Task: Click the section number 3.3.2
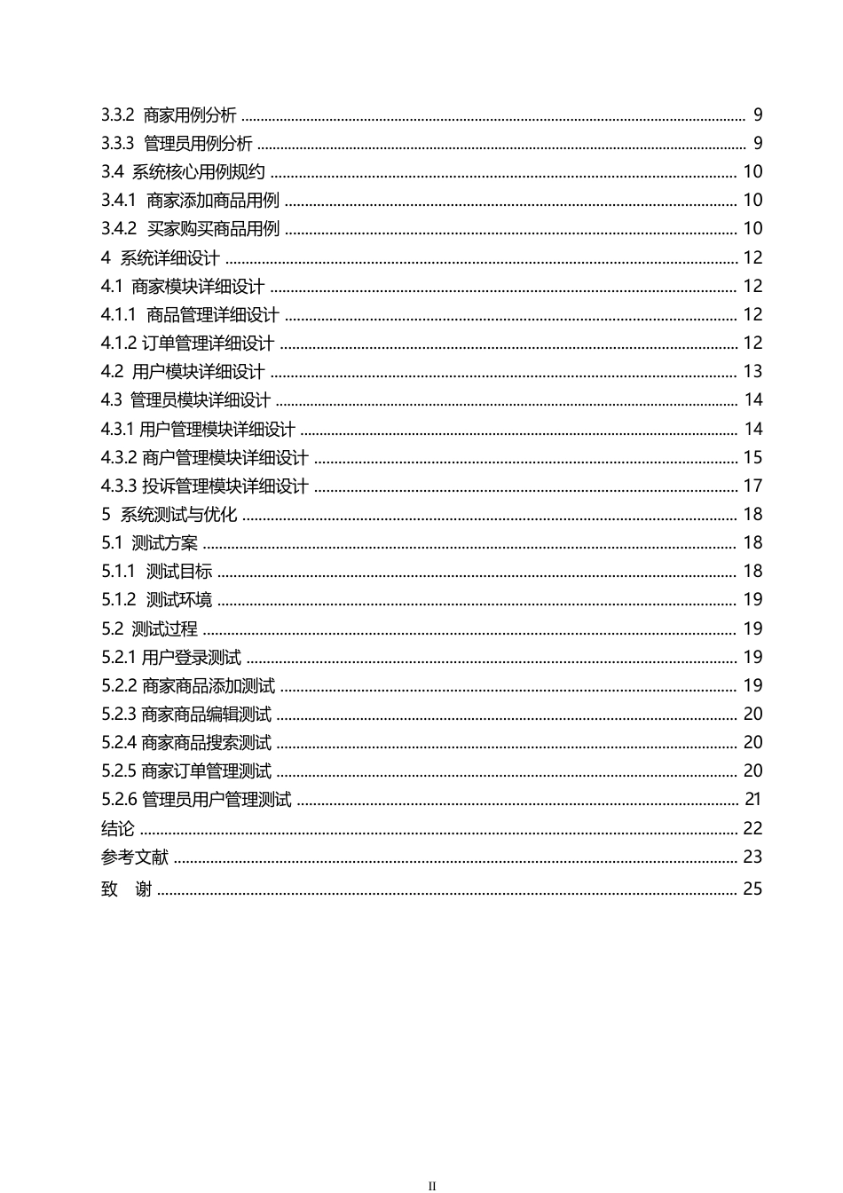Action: (x=117, y=115)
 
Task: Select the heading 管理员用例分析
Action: (x=197, y=144)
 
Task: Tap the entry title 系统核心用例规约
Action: (x=198, y=172)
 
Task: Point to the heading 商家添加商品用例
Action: (x=213, y=201)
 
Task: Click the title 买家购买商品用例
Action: (x=213, y=229)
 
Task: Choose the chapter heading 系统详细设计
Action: (x=169, y=258)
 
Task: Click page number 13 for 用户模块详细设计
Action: (x=752, y=371)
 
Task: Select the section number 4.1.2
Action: (x=118, y=344)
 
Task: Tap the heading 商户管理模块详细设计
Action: (x=225, y=458)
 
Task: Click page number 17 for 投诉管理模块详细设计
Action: (x=752, y=486)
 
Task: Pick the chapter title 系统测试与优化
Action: (x=178, y=515)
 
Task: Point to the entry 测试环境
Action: (x=179, y=600)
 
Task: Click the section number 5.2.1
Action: (x=118, y=658)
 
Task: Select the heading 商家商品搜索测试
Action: (x=206, y=743)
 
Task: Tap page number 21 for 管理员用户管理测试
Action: (x=752, y=799)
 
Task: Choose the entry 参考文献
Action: (x=135, y=857)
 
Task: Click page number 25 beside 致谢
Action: (x=752, y=889)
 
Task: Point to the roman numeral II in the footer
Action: (x=433, y=1185)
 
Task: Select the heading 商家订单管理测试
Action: (x=206, y=771)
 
